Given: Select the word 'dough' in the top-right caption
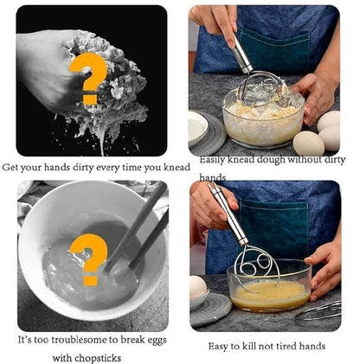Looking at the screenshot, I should pos(283,160).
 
